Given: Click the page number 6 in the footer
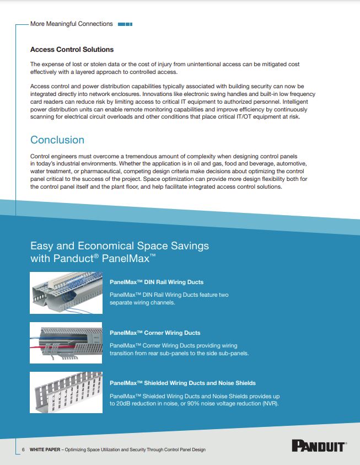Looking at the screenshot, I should [23, 450].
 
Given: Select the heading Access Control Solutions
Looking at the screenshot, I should [72, 50].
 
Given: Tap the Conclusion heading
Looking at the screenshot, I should [57, 140].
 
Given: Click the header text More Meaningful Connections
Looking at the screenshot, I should [72, 24].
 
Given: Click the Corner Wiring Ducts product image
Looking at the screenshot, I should [66, 343].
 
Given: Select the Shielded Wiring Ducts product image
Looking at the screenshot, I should [66, 392].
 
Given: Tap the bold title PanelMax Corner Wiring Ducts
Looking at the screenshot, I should [155, 333].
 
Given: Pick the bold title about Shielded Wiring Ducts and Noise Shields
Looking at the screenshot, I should [182, 383].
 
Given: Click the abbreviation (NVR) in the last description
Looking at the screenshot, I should [270, 404].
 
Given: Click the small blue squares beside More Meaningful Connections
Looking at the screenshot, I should [125, 24].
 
